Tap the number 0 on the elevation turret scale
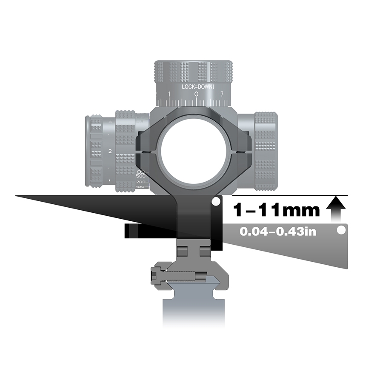[196, 94]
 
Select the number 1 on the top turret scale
[169, 94]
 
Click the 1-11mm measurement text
[276, 210]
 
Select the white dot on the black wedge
[217, 201]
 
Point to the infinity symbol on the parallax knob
[141, 172]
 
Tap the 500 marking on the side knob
[141, 176]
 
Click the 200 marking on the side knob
[142, 182]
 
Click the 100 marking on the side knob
[142, 187]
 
